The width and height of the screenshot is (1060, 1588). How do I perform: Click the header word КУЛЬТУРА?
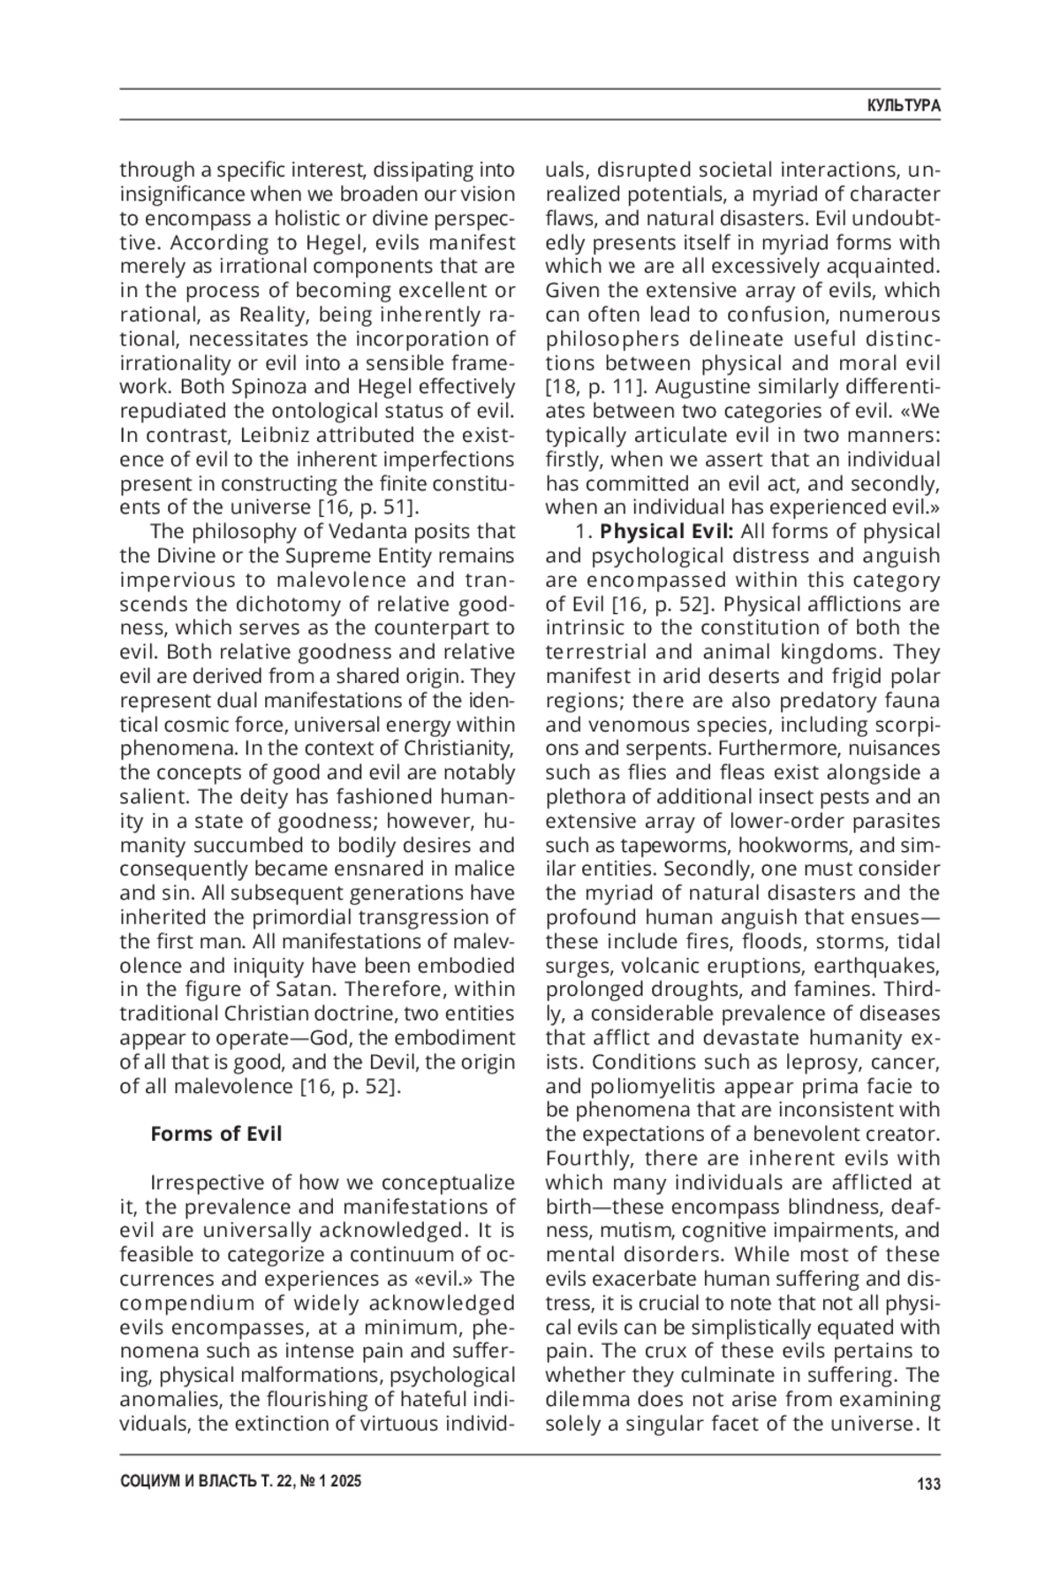pos(904,105)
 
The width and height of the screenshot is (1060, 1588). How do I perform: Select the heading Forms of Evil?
pos(216,1134)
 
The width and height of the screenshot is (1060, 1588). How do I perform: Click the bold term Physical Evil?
pos(667,532)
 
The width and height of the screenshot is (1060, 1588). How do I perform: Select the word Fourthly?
pos(588,1159)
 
